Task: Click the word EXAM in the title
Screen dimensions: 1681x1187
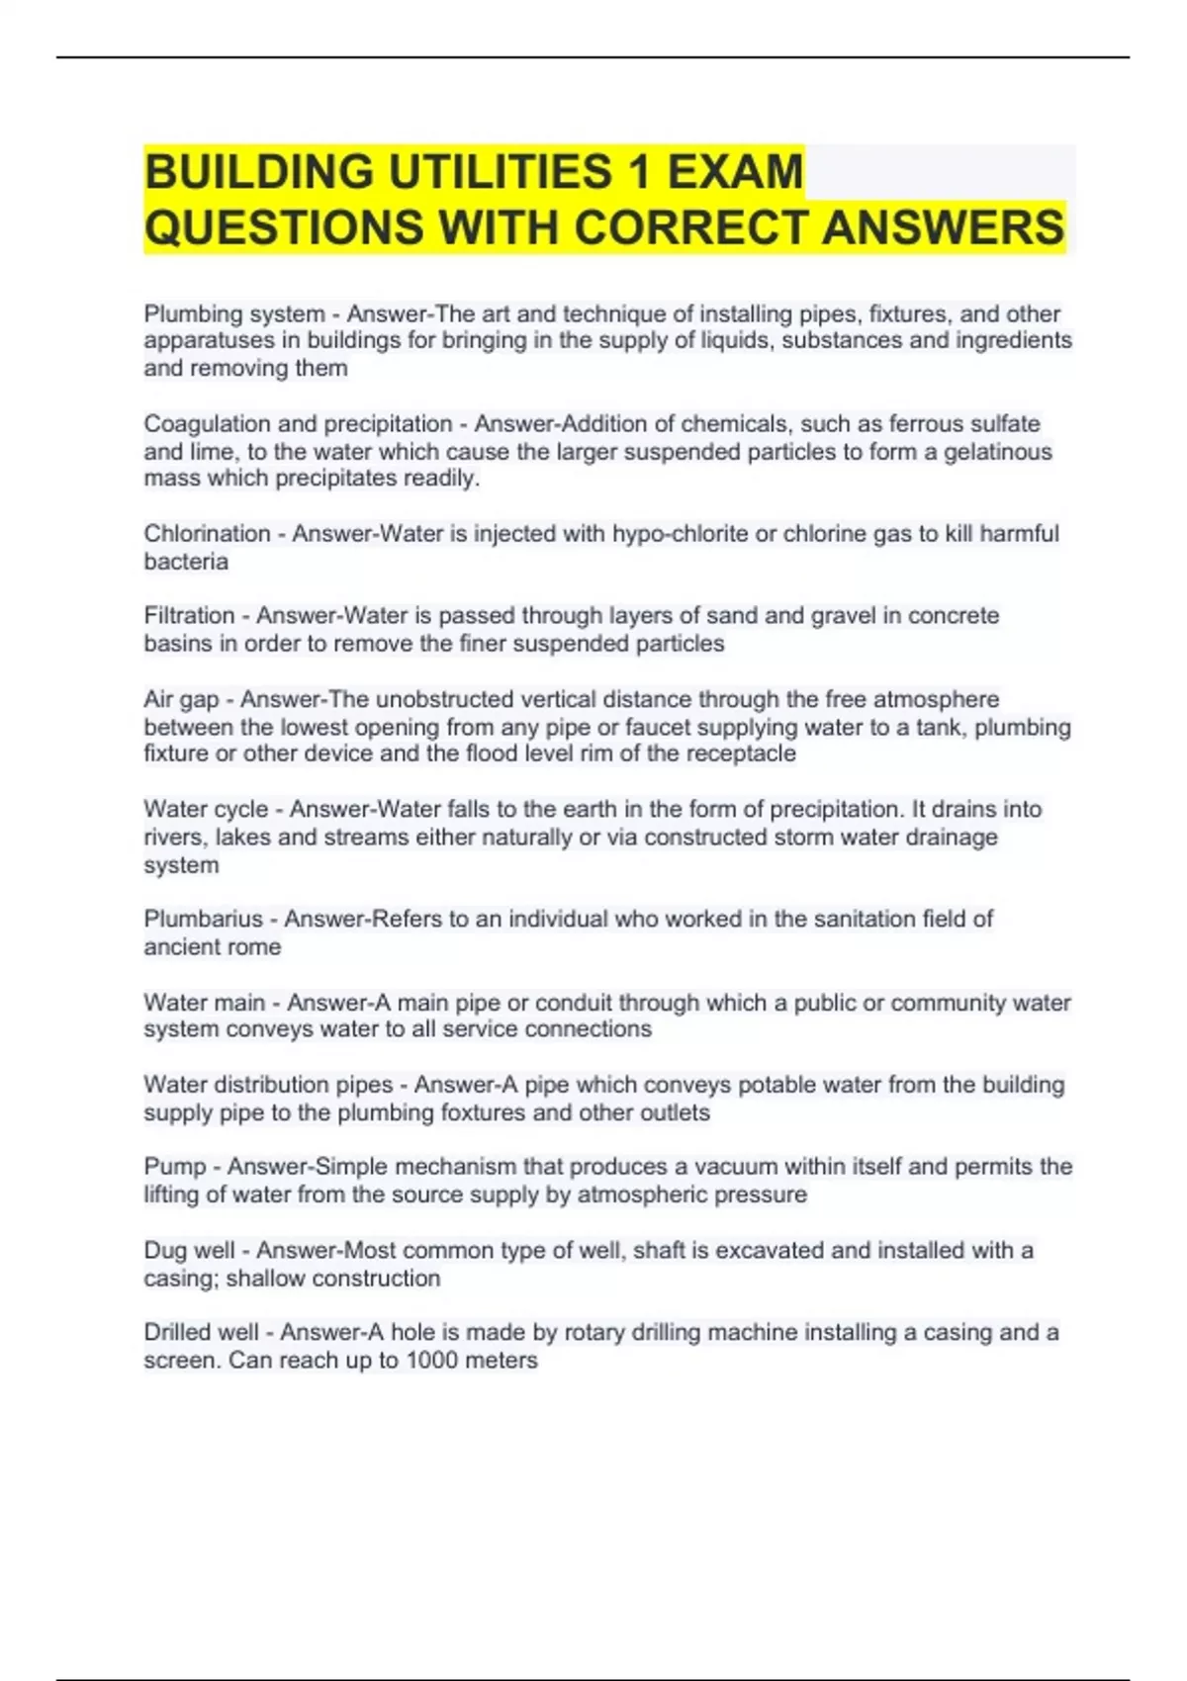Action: (735, 172)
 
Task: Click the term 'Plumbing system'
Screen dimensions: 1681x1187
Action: (234, 314)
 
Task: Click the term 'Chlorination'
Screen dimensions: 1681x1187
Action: (207, 534)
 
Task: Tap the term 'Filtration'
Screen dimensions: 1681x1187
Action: (189, 616)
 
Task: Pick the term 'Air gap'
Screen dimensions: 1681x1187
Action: (181, 700)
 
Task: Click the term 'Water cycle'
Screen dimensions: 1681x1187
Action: (206, 810)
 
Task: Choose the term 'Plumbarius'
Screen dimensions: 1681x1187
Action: (203, 920)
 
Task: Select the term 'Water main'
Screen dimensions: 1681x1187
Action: (204, 1003)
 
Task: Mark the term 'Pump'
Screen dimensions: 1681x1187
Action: (174, 1167)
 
